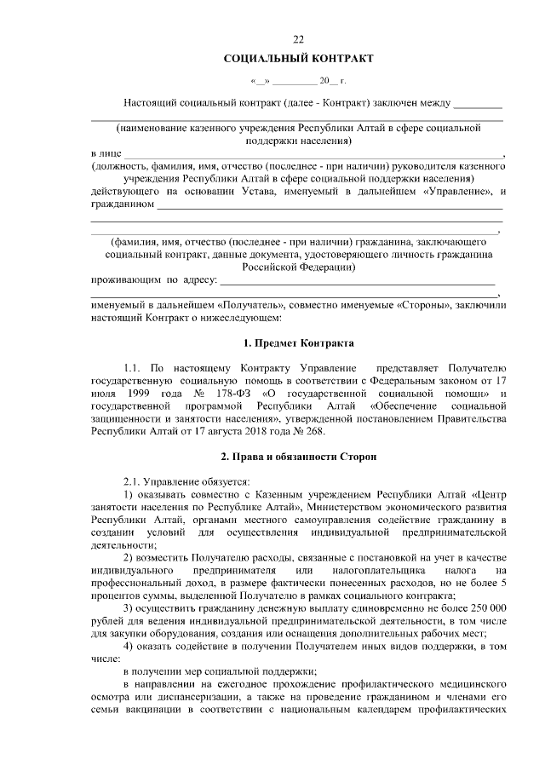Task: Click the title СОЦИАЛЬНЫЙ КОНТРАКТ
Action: [x=298, y=59]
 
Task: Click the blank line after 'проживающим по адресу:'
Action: [x=358, y=279]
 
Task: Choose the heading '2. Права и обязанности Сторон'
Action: [x=298, y=458]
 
